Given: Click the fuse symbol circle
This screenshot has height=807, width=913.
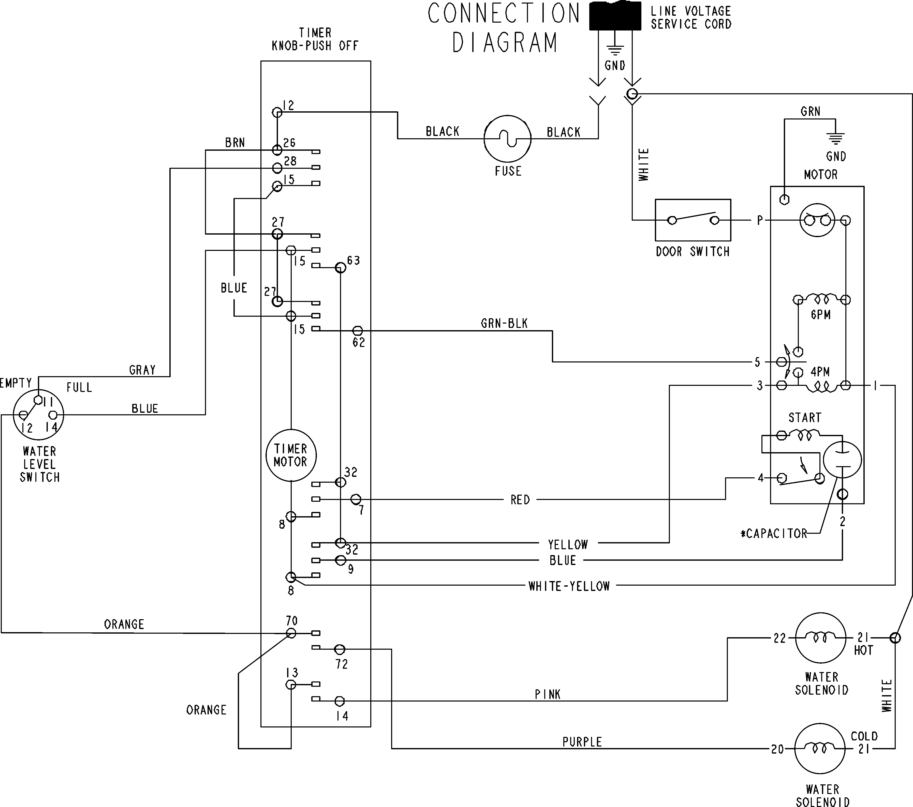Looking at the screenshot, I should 507,139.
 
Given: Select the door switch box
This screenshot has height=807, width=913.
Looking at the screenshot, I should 693,220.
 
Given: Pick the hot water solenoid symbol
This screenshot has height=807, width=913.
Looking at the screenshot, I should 820,638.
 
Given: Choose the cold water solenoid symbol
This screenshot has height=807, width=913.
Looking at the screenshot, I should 820,749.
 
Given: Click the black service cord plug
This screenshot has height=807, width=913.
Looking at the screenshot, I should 615,16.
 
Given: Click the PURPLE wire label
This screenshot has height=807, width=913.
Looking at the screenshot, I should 582,742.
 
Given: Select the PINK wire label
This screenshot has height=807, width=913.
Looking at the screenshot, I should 548,694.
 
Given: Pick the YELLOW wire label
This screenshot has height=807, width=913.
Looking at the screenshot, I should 568,544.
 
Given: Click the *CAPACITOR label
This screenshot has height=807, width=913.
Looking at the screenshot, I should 774,534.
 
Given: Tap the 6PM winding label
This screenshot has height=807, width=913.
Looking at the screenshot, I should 820,315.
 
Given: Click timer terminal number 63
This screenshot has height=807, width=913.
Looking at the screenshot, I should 353,260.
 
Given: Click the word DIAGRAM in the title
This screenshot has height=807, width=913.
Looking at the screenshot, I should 505,43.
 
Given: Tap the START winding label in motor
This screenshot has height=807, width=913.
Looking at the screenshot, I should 805,418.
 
